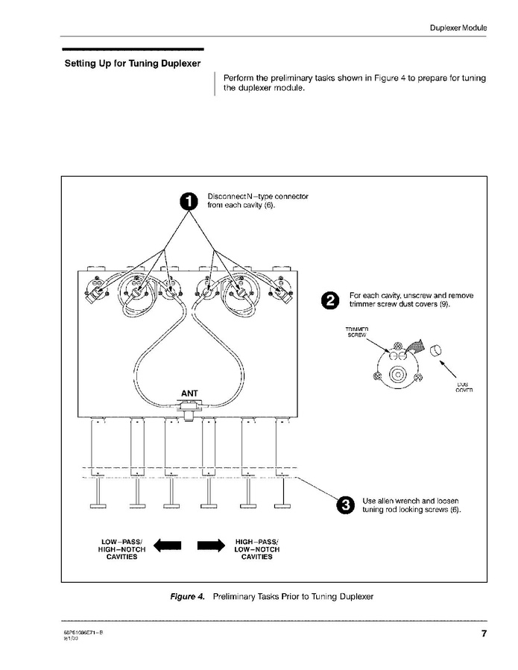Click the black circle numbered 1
point(189,201)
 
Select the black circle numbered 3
point(345,505)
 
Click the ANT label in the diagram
point(189,393)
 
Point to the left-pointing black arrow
point(168,546)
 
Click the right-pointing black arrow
point(211,546)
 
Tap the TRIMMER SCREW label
point(357,332)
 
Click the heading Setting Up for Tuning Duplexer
point(133,63)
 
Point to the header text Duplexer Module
point(458,28)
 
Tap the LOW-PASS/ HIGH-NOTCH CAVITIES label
point(123,549)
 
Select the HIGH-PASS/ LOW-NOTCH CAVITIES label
point(257,549)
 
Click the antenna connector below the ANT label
point(190,405)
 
